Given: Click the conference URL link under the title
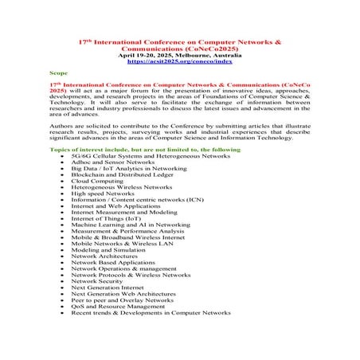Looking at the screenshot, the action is (180, 58).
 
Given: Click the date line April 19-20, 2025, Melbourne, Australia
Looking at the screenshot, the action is (180, 53).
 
